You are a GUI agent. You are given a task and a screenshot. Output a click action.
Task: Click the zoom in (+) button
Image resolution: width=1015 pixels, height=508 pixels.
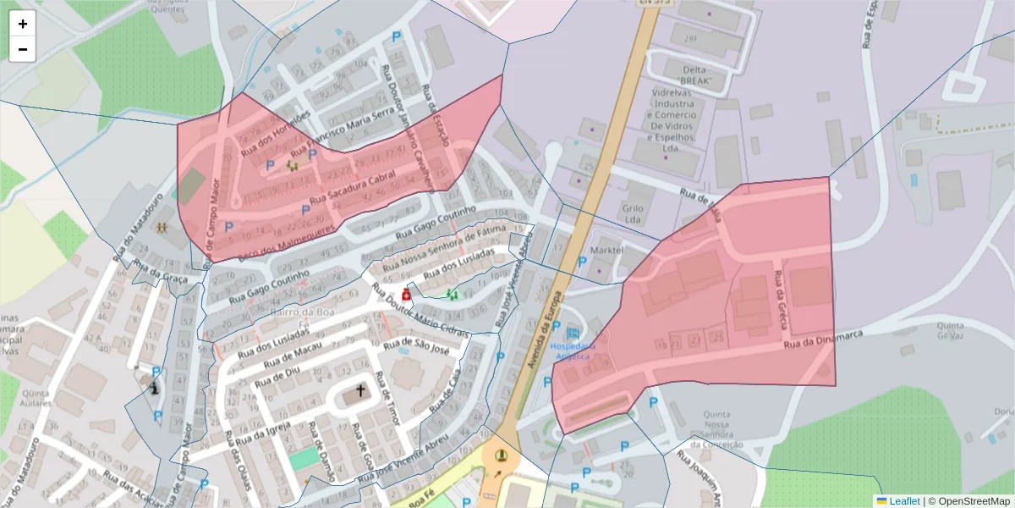[23, 24]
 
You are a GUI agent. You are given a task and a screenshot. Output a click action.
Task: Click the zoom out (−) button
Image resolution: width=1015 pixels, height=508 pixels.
[23, 49]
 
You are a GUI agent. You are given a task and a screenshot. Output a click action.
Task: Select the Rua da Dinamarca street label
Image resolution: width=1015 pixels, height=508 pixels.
[822, 340]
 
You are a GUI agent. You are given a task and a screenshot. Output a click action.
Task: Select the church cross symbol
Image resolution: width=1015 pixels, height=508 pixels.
[361, 391]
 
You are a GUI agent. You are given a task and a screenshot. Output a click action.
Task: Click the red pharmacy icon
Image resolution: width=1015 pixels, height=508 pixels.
[407, 295]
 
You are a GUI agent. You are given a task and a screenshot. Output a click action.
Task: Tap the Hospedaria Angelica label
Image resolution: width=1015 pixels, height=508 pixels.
[573, 351]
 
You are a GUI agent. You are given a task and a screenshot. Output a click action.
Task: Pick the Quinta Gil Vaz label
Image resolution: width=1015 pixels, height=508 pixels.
[951, 330]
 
